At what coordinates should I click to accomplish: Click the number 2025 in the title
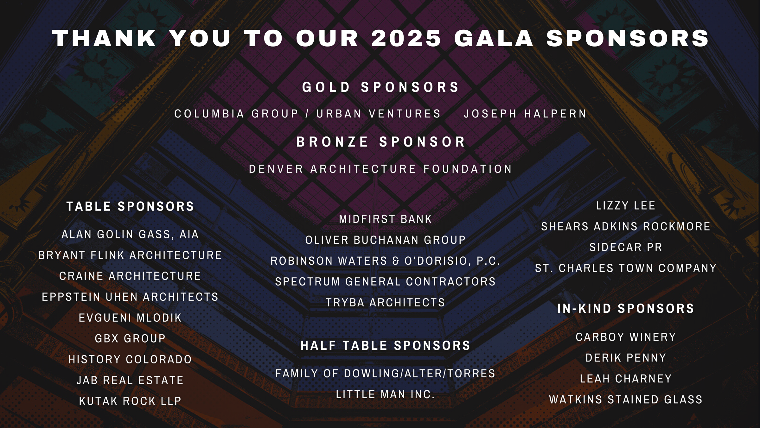(406, 38)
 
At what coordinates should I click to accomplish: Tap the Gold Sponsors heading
(381, 87)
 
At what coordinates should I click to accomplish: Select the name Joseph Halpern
(526, 114)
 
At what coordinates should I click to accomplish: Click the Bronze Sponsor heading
(381, 142)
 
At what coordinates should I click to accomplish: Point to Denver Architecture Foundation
(380, 169)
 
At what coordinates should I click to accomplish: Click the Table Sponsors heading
(130, 206)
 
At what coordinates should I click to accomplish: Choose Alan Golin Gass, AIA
(130, 235)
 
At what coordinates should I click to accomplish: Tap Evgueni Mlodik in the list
(130, 318)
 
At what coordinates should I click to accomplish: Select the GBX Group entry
(130, 338)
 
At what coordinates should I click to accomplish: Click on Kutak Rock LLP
(130, 401)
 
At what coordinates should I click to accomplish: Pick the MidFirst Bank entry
(386, 219)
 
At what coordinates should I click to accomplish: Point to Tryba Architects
(386, 302)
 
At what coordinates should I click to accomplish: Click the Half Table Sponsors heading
(386, 345)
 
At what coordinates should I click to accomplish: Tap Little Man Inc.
(386, 394)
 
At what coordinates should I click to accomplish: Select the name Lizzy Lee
(626, 206)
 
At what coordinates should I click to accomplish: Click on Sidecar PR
(626, 247)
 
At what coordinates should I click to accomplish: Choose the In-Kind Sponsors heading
(626, 309)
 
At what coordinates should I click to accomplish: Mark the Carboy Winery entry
(626, 337)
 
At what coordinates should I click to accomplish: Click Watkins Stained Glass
(626, 400)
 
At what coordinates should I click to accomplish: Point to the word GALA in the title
(494, 38)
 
